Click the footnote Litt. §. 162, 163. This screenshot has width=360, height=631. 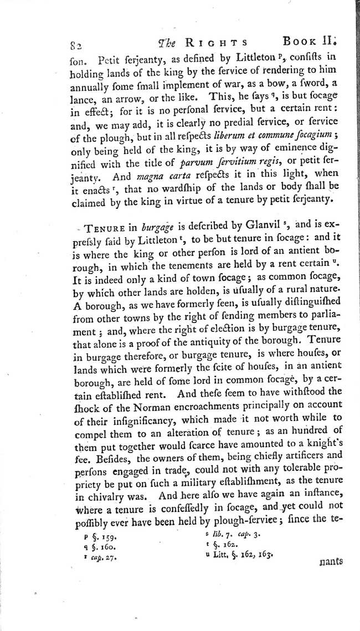click(x=239, y=555)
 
